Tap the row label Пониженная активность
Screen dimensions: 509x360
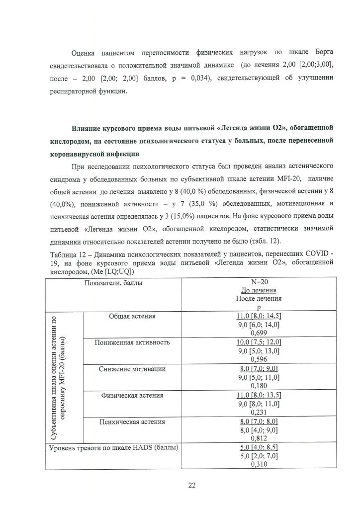pyautogui.click(x=132, y=342)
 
